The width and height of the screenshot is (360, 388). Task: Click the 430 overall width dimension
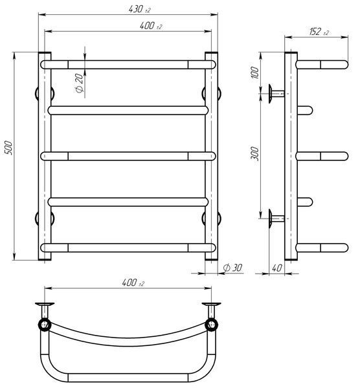[x=139, y=10]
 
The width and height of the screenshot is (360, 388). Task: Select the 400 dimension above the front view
[x=150, y=26]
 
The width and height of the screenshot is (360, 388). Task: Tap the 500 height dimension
[x=8, y=147]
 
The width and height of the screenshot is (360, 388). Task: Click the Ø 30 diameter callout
[x=232, y=268]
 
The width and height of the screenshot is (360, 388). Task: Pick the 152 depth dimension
[x=319, y=32]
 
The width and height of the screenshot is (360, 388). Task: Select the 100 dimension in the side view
[x=255, y=72]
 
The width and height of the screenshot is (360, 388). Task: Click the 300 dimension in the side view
[x=255, y=154]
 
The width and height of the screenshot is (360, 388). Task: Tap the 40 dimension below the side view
[x=276, y=268]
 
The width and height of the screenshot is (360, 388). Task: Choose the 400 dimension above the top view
[x=133, y=283]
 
